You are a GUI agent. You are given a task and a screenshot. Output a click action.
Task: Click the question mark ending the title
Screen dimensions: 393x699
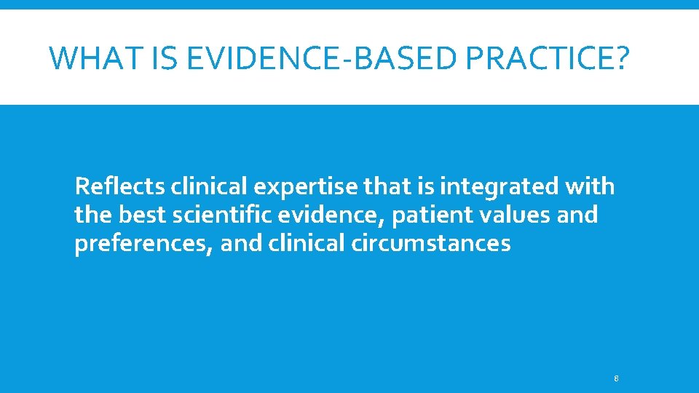617,57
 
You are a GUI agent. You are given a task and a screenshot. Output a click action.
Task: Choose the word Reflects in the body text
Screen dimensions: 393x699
119,187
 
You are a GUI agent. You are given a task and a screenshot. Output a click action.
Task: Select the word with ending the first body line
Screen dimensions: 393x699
591,187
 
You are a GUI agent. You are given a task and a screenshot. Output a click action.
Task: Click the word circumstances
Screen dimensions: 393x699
431,244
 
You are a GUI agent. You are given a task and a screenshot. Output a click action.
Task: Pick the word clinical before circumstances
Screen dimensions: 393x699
307,244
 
